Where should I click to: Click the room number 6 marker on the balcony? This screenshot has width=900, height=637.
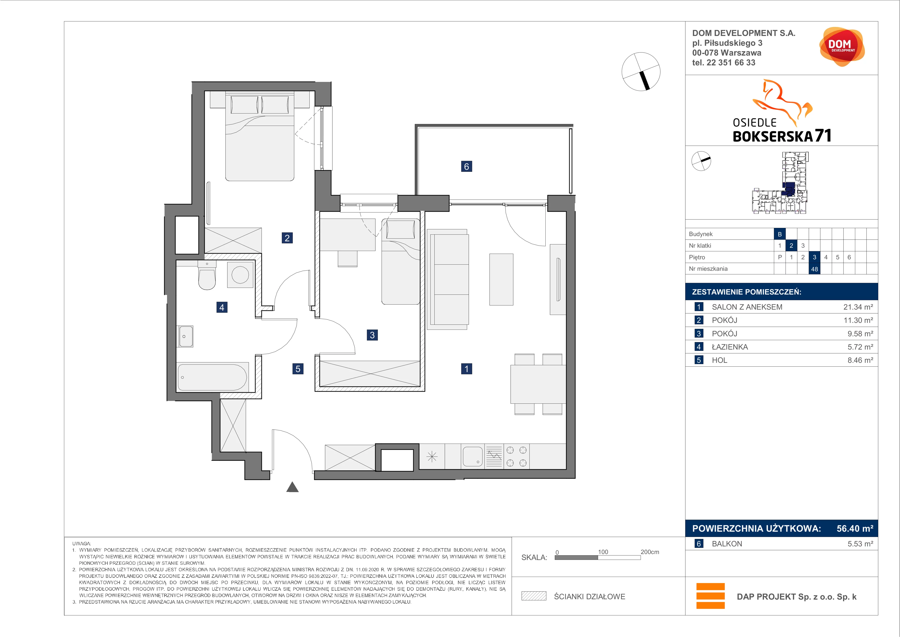coord(466,166)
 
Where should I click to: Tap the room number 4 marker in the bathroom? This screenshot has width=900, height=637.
coord(222,307)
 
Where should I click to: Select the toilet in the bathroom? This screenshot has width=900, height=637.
coord(207,275)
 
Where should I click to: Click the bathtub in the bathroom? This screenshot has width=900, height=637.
coord(212,377)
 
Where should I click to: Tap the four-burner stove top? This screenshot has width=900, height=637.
coord(516,457)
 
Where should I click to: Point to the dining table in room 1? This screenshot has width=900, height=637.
coord(538,384)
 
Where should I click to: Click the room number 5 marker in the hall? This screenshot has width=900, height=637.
coord(298,369)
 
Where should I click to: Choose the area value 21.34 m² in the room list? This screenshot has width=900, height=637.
coord(858,307)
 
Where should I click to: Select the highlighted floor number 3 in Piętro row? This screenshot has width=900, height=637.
coord(814,257)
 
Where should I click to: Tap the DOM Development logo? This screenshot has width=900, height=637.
coord(842,46)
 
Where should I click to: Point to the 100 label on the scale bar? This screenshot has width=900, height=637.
coord(603,552)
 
